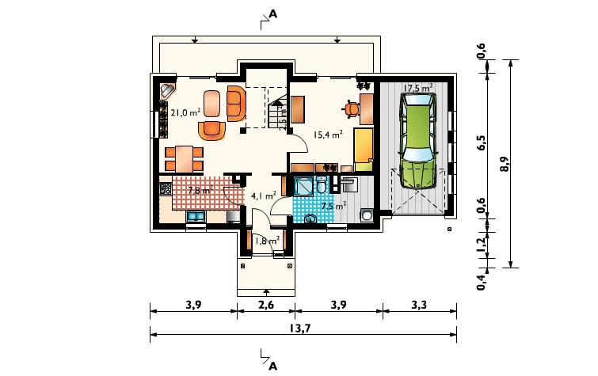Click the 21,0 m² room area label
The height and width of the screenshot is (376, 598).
[185, 112]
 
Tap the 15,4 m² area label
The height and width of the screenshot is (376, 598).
[328, 135]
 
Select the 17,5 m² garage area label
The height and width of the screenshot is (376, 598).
[418, 88]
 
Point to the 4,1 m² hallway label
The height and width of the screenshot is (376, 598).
[263, 196]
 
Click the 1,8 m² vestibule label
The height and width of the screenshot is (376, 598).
[268, 241]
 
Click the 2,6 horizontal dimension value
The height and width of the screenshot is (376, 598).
[266, 305]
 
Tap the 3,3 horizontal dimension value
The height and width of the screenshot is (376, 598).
[419, 305]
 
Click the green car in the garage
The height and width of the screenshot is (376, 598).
[418, 141]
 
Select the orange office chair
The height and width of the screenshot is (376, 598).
[352, 108]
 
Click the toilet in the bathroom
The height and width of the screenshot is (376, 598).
[322, 186]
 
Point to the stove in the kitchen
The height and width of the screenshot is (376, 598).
[166, 188]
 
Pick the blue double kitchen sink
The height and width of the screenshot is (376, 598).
[196, 217]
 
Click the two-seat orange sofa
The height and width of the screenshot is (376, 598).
[236, 104]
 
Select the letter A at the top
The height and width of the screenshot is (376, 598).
[273, 14]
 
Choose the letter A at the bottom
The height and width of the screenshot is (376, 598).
[272, 367]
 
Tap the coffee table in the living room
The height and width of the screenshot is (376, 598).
[211, 104]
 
